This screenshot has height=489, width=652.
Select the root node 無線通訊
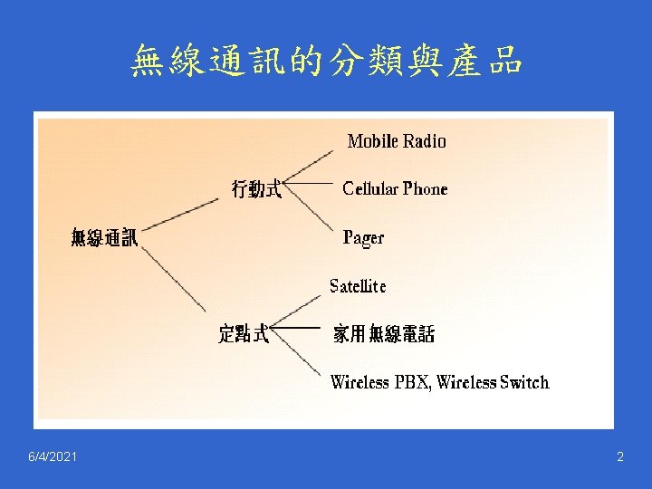coord(105,238)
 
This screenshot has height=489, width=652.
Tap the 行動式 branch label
coord(256,189)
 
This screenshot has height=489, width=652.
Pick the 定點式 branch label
coord(244,334)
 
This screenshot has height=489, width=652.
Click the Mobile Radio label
coord(397,141)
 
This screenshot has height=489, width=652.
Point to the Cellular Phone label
coord(395,189)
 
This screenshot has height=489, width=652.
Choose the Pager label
coord(363,238)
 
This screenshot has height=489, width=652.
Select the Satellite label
coord(358,286)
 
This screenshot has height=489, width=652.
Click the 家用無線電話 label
coord(384,335)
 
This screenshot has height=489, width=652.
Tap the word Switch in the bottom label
coord(524,382)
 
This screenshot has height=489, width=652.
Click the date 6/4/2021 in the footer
coord(53,457)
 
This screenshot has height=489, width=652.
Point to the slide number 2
coord(620,457)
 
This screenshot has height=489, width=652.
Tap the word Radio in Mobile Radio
coord(425,141)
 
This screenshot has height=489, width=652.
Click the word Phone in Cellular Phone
coord(425,189)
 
